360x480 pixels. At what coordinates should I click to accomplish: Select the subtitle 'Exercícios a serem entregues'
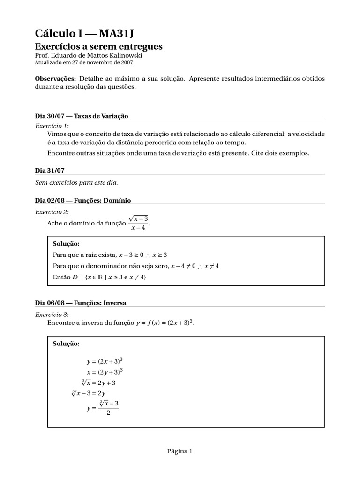click(x=99, y=46)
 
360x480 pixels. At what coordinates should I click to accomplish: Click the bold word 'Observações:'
click(x=55, y=78)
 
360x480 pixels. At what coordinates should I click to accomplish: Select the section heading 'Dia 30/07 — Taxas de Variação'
click(x=82, y=116)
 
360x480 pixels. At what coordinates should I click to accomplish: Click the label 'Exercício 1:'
click(x=52, y=126)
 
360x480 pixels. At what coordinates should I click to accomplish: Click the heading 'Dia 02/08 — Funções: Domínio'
click(x=83, y=200)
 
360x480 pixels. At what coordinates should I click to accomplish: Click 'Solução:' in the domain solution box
click(x=67, y=244)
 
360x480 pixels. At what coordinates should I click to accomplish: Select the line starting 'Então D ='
click(x=100, y=277)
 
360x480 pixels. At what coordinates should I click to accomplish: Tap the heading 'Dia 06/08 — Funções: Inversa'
click(x=81, y=303)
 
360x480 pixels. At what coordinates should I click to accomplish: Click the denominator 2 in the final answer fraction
click(x=108, y=413)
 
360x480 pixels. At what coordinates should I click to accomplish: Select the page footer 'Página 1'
click(x=180, y=451)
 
